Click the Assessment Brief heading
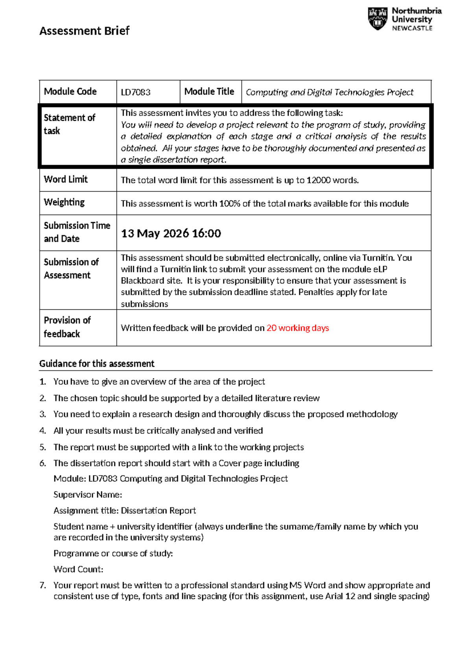coord(84,31)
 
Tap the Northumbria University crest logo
coord(377,18)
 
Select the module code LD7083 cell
coord(136,92)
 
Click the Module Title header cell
coord(209,92)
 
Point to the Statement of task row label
coord(69,124)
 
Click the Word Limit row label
coord(66,179)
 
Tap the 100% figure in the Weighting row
coord(229,204)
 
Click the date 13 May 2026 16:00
coord(171,233)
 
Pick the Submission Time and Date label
coord(77,232)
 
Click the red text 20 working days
coord(297,328)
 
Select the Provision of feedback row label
coord(67,327)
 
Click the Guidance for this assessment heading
coord(97,364)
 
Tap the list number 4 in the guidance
coord(42,431)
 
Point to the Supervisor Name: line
coord(88,495)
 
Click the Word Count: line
coord(78,569)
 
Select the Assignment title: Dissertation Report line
coord(124,510)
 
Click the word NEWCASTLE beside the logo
coord(412,28)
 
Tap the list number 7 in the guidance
coord(42,585)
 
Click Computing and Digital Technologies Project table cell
coord(329,92)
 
